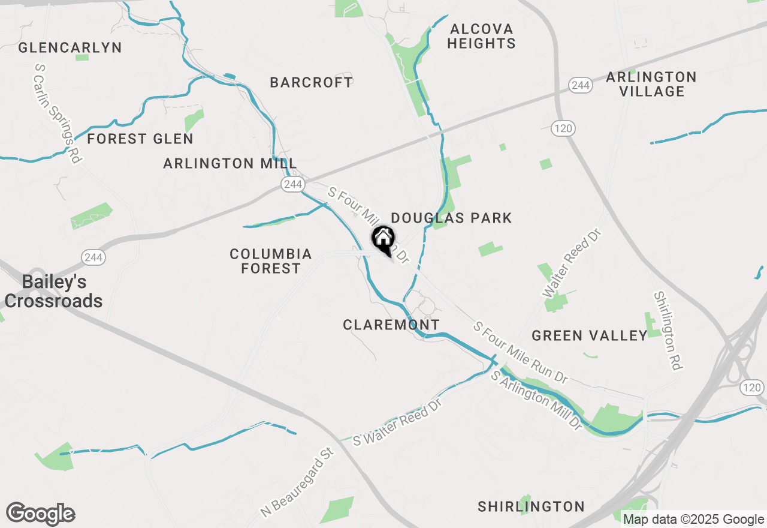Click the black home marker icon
383,239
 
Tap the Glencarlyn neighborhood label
70,48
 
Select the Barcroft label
312,83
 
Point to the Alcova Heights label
481,36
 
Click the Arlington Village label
651,84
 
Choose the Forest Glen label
140,139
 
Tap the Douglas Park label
451,218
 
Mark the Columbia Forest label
271,261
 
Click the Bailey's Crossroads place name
53,291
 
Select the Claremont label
391,325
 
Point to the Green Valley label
590,336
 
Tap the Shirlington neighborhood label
531,506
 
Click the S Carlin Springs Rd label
58,114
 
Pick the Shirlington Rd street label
668,331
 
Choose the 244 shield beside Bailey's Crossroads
93,257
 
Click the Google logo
40,514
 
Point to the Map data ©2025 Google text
693,520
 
